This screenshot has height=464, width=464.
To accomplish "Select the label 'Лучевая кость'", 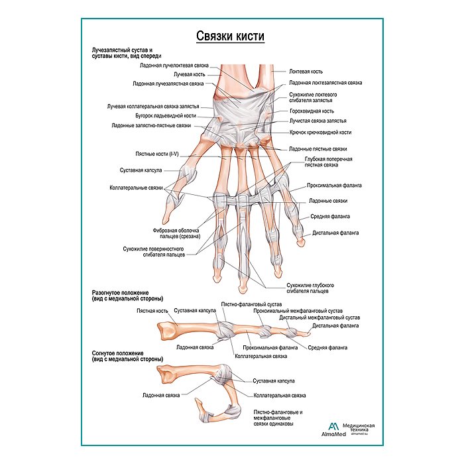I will (188, 75).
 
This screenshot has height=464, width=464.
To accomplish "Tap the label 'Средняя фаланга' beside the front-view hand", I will (330, 216).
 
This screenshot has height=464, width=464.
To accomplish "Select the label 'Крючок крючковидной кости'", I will (320, 133).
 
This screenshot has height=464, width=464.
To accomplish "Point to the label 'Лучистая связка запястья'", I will (318, 121).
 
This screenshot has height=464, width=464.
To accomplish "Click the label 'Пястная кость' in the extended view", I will (152, 310).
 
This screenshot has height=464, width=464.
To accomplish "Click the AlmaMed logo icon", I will (333, 428).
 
